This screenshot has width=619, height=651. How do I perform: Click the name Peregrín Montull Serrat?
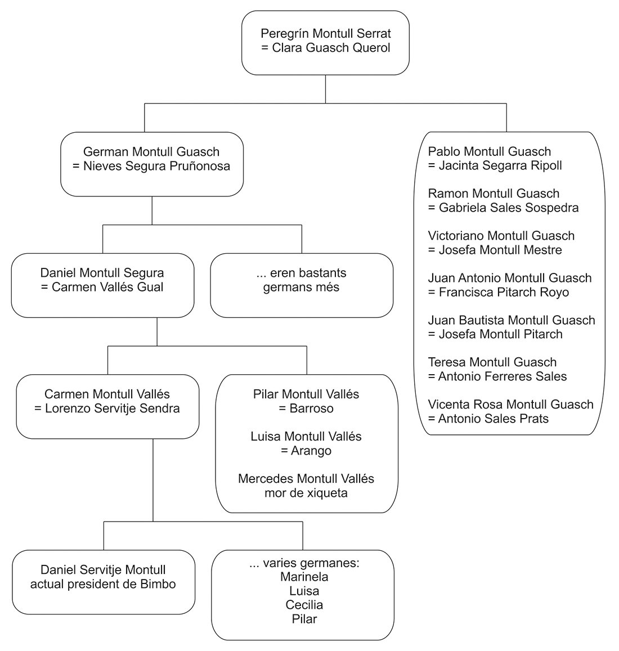click(x=325, y=33)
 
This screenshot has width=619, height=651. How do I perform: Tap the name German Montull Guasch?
click(x=151, y=151)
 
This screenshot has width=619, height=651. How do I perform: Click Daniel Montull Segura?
click(x=102, y=273)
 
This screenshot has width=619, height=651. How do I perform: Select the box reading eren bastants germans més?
click(x=302, y=285)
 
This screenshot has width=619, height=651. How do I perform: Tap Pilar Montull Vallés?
click(x=306, y=394)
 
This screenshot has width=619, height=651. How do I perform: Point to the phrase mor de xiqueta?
click(x=306, y=493)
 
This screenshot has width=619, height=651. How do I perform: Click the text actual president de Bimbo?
click(x=103, y=583)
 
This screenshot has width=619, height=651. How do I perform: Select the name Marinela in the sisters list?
click(x=304, y=577)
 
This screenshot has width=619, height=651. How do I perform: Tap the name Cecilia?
click(x=304, y=604)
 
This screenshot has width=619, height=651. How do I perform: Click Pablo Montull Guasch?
click(x=490, y=151)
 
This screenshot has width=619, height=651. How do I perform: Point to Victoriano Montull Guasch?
click(x=501, y=235)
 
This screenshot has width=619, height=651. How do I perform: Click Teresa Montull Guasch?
click(x=492, y=362)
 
